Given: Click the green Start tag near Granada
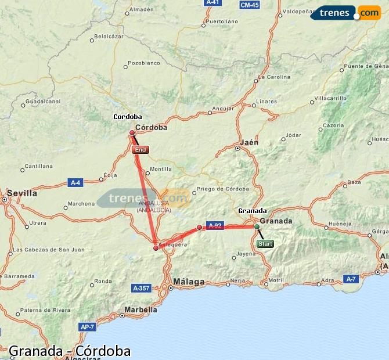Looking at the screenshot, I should coord(265,244).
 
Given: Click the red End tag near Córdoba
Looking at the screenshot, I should coord(141,150).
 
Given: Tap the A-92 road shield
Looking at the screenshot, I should coord(215,226).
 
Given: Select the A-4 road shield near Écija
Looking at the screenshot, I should coord(75,182).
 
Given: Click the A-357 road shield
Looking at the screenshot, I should coord(141,288).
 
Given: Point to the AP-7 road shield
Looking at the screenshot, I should coord(87,327).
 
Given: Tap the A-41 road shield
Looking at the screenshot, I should coord(213,3).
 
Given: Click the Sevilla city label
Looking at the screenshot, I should coord(21,193).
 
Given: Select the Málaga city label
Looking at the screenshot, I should coord(189,282).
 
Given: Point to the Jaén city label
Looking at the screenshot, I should coord(248,142).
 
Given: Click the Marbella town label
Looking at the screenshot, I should coord(141,309).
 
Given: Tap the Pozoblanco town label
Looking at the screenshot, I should coord(143,63).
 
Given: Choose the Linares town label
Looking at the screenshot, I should coord(266,102).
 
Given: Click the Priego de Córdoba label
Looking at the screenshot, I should coord(222,189).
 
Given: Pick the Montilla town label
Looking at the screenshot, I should coord(161,170).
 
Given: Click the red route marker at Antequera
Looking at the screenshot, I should coord(156,248).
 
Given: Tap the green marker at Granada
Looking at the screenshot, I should coord(257,226).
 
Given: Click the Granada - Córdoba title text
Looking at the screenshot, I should coord(70,351).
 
